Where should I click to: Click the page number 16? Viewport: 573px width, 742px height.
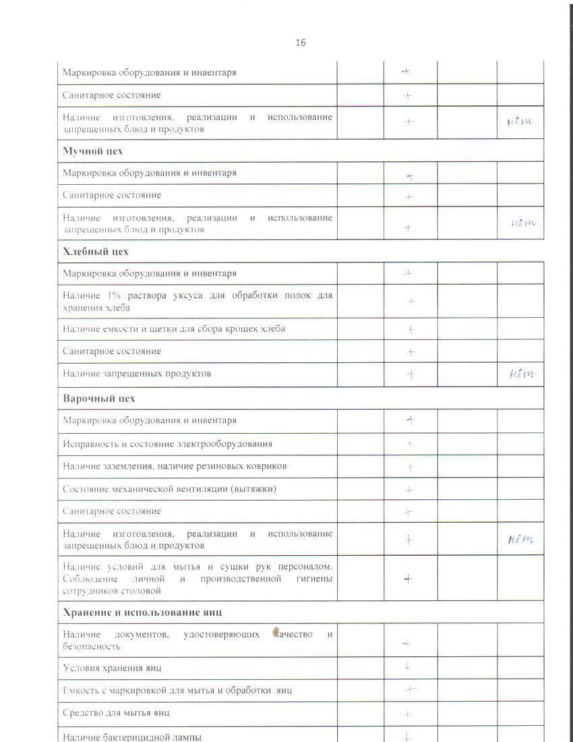300,42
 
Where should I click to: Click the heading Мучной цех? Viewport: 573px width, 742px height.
92,151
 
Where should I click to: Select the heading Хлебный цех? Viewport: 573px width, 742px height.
95,252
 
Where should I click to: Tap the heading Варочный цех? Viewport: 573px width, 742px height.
98,398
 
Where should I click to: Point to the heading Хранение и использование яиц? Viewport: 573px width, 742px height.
142,612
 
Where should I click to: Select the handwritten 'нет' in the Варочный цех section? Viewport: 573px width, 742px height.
520,539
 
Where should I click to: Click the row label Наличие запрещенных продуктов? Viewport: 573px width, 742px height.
137,374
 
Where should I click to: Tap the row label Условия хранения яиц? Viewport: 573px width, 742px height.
112,668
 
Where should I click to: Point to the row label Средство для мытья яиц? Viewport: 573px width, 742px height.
116,712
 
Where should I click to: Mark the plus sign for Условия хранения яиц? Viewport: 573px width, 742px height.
407,667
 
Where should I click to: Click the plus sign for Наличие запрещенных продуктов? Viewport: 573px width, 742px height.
410,374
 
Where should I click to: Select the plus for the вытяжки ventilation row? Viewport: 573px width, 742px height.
409,490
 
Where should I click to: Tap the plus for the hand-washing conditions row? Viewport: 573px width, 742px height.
408,579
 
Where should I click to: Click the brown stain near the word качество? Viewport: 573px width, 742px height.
276,632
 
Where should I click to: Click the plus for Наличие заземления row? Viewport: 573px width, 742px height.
410,467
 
